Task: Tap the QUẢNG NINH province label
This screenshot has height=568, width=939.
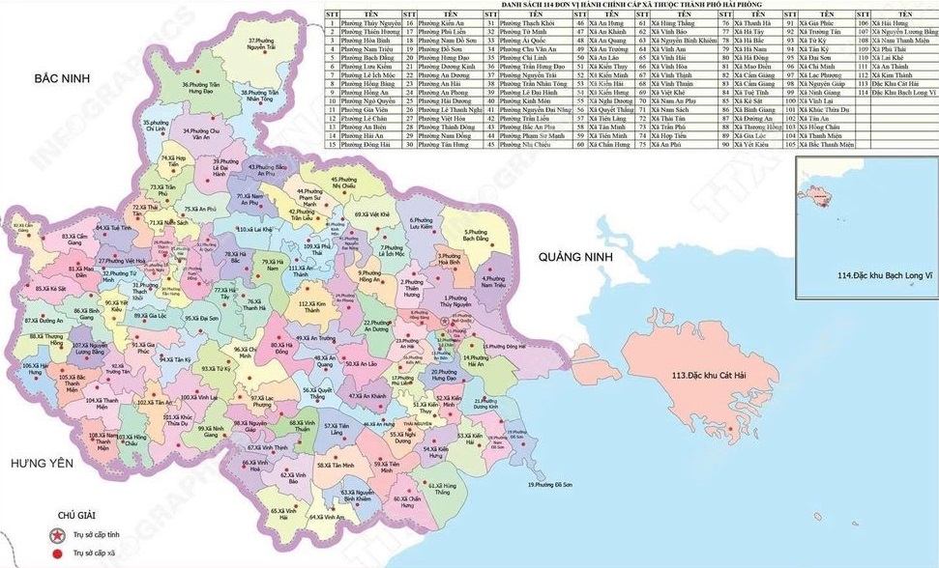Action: pos(571,258)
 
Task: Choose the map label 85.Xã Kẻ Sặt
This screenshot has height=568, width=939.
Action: pos(50,289)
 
